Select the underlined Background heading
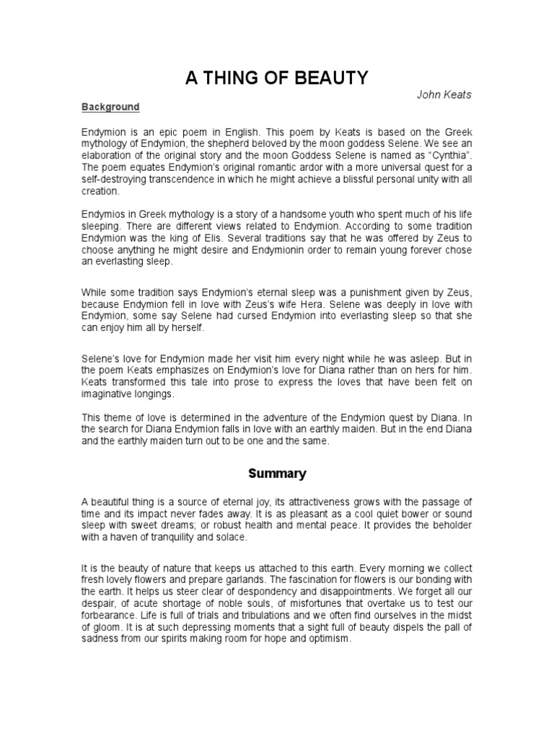tap(110, 107)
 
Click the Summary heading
tap(277, 474)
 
